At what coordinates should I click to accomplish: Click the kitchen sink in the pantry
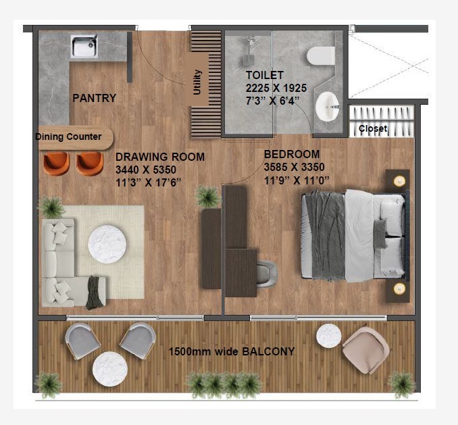point(86,47)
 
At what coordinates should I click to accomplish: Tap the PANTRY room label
point(94,98)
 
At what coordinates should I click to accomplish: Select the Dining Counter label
point(68,137)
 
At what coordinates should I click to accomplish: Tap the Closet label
point(373,128)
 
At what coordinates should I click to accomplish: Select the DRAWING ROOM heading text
point(159,157)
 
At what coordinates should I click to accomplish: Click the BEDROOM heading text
point(292,154)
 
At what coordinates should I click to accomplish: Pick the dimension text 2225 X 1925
point(276,88)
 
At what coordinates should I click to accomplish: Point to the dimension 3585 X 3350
point(294,167)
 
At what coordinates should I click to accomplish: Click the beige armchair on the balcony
point(365,349)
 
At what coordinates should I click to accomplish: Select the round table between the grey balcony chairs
point(110,369)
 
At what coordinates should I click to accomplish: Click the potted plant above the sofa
point(51,207)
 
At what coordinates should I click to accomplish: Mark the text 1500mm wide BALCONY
point(232,352)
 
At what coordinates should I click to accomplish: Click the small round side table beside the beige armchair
point(329,335)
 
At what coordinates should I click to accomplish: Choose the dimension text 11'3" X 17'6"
point(148,182)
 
